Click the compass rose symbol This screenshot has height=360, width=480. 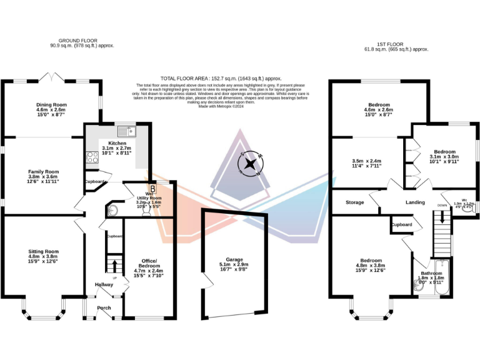coord(250,165)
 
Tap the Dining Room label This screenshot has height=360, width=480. coord(51,105)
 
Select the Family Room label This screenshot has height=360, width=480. coord(43,171)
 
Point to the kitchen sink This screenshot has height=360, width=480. coord(132,131)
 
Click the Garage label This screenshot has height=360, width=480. coord(233,258)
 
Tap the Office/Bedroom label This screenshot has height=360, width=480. coord(149,263)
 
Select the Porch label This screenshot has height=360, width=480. coord(104,307)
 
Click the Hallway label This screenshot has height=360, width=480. coord(104,284)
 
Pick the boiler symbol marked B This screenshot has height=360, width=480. coord(151,187)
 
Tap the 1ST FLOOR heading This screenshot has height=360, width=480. coord(389,44)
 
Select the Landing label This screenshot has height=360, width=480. coord(415,202)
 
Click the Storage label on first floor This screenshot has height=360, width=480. coord(355,202)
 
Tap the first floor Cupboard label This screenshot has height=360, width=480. coord(401,224)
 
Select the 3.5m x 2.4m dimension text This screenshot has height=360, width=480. coord(367,161)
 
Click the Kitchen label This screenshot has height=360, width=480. coord(117,143)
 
